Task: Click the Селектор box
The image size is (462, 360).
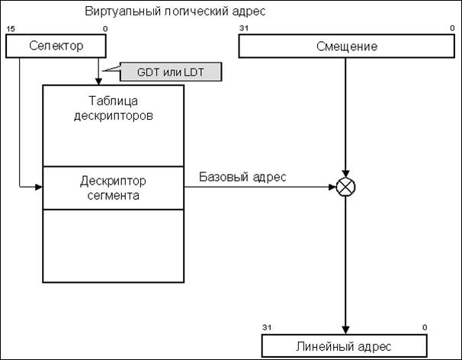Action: point(56,47)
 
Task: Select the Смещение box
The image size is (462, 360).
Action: point(347,47)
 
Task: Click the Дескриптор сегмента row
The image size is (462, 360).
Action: point(113,188)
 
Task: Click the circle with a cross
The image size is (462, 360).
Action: point(347,185)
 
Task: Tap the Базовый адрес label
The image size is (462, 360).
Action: point(243,177)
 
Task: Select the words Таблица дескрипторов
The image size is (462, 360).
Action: point(113,108)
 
